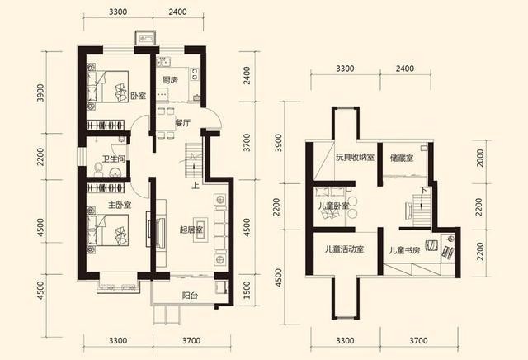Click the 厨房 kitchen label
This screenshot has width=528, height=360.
coord(171,80)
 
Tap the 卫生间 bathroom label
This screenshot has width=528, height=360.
coord(114,159)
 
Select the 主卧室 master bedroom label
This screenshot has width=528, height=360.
coord(120,205)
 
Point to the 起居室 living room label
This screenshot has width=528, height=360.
coord(191,230)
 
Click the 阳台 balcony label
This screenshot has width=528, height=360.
coord(190,296)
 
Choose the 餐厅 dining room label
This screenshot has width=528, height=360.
coord(182,123)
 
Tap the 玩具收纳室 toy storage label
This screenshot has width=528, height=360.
coord(355,157)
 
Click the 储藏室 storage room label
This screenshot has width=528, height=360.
coord(402,158)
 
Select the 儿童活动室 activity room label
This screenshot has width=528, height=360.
coord(345,249)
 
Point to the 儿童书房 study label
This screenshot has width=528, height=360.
coord(405,250)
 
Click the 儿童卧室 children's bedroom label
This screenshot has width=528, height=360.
coord(333,206)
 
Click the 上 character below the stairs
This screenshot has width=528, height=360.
coord(195,185)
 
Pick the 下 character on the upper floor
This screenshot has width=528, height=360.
coord(423,190)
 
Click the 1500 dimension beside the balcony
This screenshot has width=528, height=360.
coord(247,290)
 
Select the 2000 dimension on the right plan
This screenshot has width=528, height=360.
coord(480,158)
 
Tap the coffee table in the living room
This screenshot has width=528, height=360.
coord(200,230)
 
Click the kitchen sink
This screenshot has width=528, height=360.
coord(164,63)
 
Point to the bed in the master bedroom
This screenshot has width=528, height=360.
coord(108,230)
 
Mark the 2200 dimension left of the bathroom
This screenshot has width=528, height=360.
coord(40,157)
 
